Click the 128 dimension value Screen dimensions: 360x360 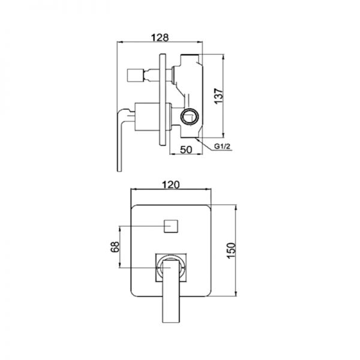point(160,37)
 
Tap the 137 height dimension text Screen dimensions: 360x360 point(219,95)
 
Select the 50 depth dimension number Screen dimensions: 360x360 point(186,149)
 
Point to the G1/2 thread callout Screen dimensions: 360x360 point(222,146)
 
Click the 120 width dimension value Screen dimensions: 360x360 point(171,185)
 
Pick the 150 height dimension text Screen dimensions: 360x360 point(231,250)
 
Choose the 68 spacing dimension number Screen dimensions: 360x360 point(115,247)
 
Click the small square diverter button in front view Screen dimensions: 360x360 point(171,226)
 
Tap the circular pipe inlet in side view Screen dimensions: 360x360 point(190,117)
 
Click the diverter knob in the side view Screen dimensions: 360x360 point(135,75)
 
